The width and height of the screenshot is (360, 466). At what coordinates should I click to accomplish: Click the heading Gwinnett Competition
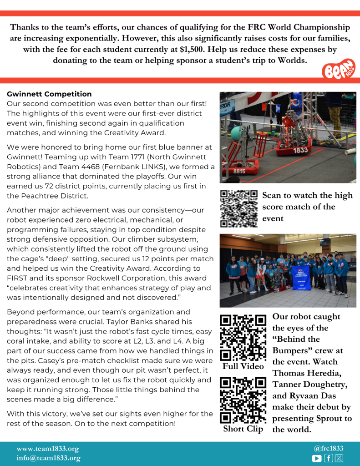point(49,94)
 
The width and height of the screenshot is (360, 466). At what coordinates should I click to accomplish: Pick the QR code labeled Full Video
point(243,337)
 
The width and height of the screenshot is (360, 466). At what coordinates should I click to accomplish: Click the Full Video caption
point(243,366)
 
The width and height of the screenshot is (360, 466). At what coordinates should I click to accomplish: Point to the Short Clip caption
point(243,429)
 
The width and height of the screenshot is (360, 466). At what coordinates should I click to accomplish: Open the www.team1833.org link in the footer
point(48,448)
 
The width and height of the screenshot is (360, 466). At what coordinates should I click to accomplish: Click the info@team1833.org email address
point(48,458)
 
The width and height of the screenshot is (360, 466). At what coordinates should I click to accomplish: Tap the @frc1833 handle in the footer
point(328,448)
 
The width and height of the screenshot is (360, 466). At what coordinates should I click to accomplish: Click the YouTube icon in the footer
point(317,458)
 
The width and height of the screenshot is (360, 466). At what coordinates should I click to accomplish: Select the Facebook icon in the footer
point(328,458)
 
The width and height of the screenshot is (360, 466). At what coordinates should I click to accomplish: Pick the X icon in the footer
point(339,458)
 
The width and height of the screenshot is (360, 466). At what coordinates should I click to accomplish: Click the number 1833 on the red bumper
point(300,150)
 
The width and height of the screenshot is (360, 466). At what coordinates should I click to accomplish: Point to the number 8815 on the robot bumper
point(239,172)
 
